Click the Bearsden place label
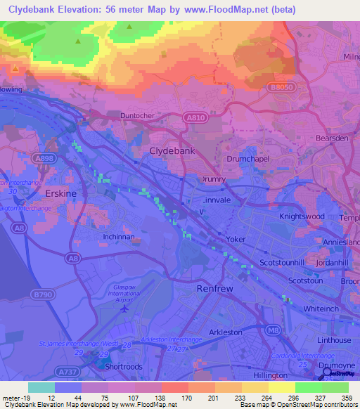(332, 138)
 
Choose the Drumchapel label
(248, 160)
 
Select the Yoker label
(236, 240)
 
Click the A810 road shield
(198, 119)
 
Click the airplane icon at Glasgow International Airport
(126, 307)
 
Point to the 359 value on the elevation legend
(347, 398)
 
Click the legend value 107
(124, 398)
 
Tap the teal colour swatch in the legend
(41, 387)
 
